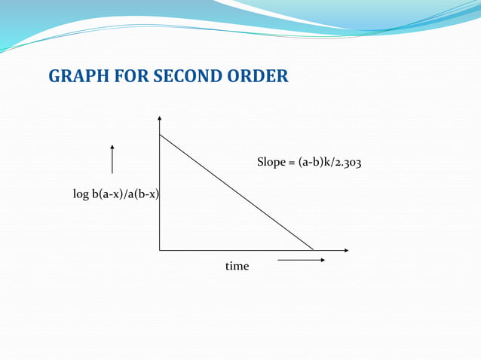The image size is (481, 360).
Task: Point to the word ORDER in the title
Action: coord(260,77)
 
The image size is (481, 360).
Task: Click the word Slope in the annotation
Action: coord(271,162)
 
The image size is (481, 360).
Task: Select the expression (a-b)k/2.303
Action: coord(334,162)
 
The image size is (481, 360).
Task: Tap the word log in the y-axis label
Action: coord(81,194)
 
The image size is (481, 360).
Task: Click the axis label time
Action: coord(237,267)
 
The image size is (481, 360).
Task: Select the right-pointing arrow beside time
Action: coord(301,261)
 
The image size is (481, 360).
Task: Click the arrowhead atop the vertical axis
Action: coord(160,118)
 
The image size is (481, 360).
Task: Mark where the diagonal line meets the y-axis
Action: coord(160,135)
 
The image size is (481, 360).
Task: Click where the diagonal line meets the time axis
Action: coord(314,249)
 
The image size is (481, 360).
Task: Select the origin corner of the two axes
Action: coord(160,249)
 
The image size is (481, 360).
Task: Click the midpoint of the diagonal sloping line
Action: coord(237,192)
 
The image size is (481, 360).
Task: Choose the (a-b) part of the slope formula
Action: coord(311,162)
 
